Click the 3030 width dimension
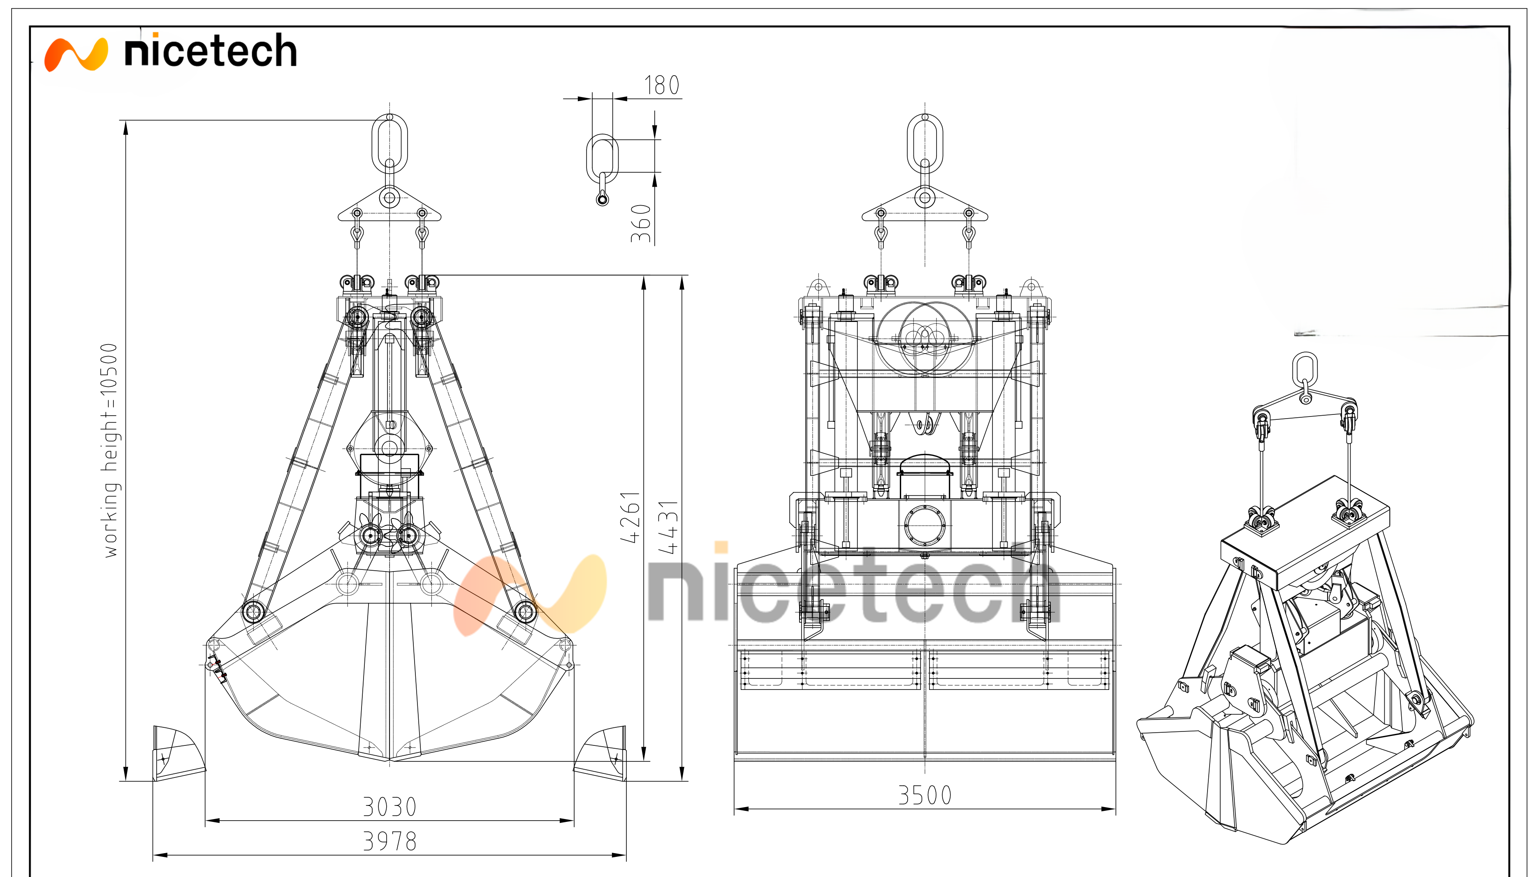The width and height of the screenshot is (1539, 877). tap(389, 807)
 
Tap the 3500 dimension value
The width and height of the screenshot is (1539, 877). tap(925, 795)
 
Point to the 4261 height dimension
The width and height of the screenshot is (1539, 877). tap(630, 517)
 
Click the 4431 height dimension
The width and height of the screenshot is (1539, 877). tap(668, 527)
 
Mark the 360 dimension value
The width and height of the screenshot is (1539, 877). tap(641, 224)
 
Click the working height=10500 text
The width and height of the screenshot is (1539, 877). tap(110, 451)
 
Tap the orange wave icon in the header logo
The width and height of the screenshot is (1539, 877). tap(76, 55)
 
